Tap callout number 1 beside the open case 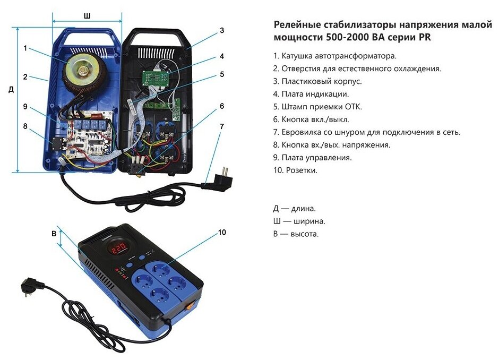coord(25,48)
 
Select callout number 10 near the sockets coord(222,233)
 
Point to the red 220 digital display coord(117,247)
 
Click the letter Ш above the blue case coord(87,16)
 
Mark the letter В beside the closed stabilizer coord(54,234)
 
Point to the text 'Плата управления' coord(316,158)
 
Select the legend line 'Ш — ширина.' coord(299,221)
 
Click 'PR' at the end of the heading coord(425,37)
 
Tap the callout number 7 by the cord coord(222,126)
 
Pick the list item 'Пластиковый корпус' coord(322,81)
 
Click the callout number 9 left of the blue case coord(25,106)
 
